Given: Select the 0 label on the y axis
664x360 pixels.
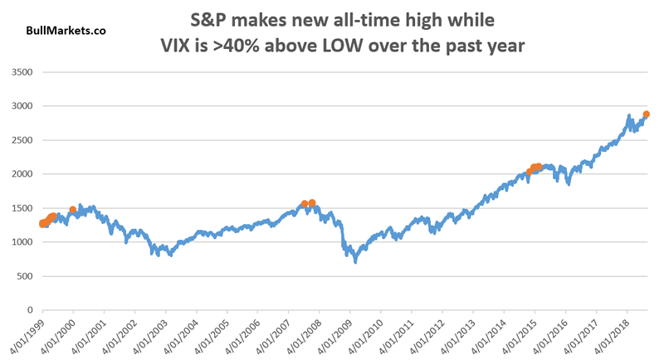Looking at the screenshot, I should click(29, 310).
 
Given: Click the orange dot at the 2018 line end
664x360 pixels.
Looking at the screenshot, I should click(646, 115).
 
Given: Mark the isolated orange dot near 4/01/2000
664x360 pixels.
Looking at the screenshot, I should click(73, 210).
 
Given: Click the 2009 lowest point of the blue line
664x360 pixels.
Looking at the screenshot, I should click(356, 261).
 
